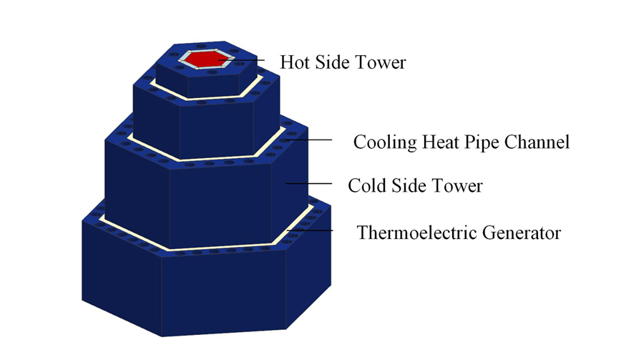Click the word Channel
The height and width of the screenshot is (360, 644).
pyautogui.click(x=537, y=142)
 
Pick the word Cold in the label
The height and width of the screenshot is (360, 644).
pyautogui.click(x=367, y=185)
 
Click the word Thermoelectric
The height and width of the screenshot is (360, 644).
pyautogui.click(x=416, y=233)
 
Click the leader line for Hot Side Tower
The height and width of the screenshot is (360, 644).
pyautogui.click(x=241, y=60)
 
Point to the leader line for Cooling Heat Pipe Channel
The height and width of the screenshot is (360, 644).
pyautogui.click(x=308, y=140)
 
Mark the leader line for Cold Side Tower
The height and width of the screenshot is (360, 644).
pyautogui.click(x=308, y=183)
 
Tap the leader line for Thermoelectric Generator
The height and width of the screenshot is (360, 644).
pyautogui.click(x=310, y=230)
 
